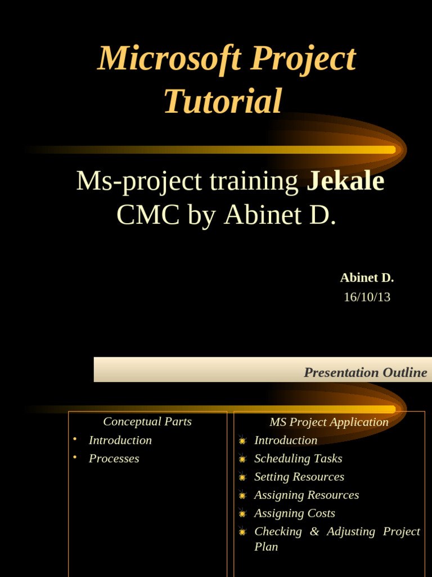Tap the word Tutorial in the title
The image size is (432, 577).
coord(223,101)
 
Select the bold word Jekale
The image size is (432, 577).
coord(345,181)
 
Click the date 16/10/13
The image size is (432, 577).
coord(367,297)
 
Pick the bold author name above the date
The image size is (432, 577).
coord(367,278)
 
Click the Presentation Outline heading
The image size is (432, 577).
coord(365,372)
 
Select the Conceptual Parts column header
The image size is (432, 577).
coord(147,421)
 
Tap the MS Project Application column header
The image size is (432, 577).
coord(328,422)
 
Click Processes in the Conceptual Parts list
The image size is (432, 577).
coord(114,459)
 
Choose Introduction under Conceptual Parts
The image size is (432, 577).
coord(120,440)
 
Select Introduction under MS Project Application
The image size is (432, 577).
coord(285,440)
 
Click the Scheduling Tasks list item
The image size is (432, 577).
coord(298,459)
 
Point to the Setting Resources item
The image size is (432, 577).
coord(299,477)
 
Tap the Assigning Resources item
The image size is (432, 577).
coord(306,495)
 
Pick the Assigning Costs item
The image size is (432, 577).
coord(294,513)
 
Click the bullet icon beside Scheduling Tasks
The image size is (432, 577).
coord(242,459)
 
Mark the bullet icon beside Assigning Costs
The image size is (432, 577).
coord(242,514)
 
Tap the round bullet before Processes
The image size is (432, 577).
coord(75,458)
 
